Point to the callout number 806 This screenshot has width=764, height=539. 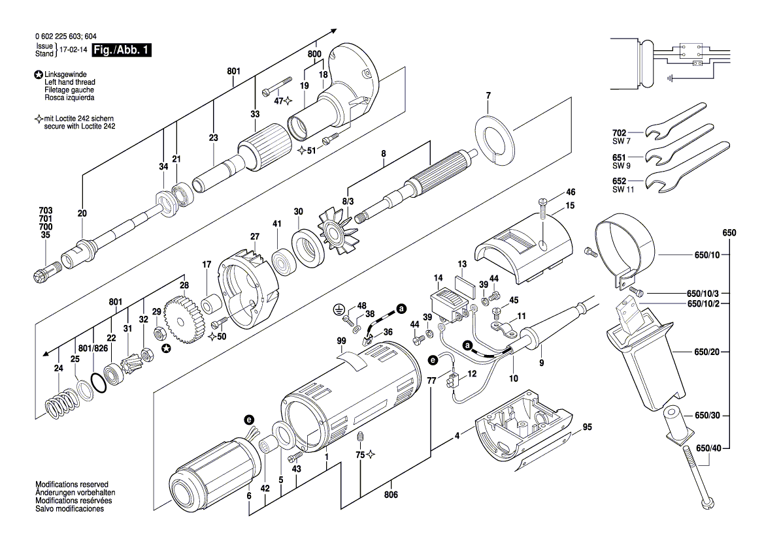point(391,494)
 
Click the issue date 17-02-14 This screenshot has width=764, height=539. point(73,50)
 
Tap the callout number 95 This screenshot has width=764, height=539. point(587,427)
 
